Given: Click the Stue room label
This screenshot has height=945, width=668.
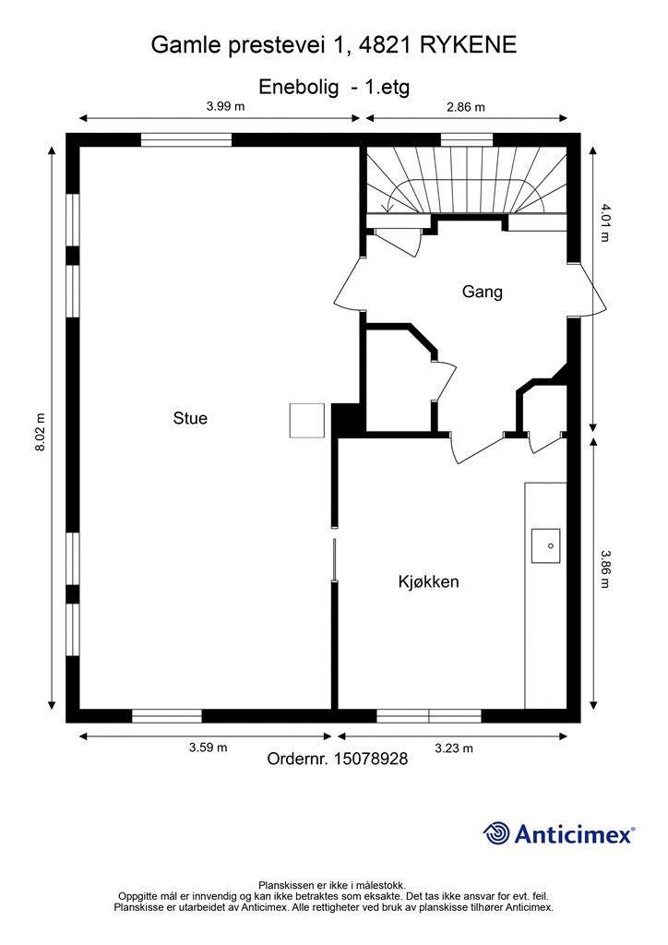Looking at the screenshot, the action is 190,418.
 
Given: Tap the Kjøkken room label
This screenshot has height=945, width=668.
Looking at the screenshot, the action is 428,581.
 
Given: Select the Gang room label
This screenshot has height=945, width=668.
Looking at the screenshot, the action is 482,292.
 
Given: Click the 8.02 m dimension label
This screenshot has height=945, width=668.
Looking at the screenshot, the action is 41,433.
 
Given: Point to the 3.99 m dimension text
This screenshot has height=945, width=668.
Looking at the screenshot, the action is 226,106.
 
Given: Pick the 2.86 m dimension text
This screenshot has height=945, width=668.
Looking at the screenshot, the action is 466,107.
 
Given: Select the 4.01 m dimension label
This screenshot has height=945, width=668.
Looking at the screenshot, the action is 604,222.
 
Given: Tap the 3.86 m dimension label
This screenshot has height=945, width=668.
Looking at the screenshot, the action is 604,568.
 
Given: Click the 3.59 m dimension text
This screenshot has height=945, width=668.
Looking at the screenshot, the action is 208,748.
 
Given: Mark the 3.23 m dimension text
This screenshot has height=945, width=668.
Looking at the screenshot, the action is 454,748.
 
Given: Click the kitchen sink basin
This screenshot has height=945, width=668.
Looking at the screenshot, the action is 545,546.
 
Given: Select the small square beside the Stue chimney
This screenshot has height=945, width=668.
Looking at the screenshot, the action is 307,421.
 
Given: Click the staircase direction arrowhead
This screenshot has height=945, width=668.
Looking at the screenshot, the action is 388,209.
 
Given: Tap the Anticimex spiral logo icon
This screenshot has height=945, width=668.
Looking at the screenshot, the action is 496,833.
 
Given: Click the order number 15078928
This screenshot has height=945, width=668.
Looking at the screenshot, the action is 367,759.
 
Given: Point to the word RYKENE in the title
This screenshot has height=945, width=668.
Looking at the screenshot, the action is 468,45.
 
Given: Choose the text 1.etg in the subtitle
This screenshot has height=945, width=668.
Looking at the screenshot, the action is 387,87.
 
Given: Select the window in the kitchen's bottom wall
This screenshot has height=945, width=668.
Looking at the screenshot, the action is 429,716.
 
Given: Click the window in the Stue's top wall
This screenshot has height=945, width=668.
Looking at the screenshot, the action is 186,140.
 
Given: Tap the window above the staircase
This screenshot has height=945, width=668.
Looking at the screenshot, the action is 467,140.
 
